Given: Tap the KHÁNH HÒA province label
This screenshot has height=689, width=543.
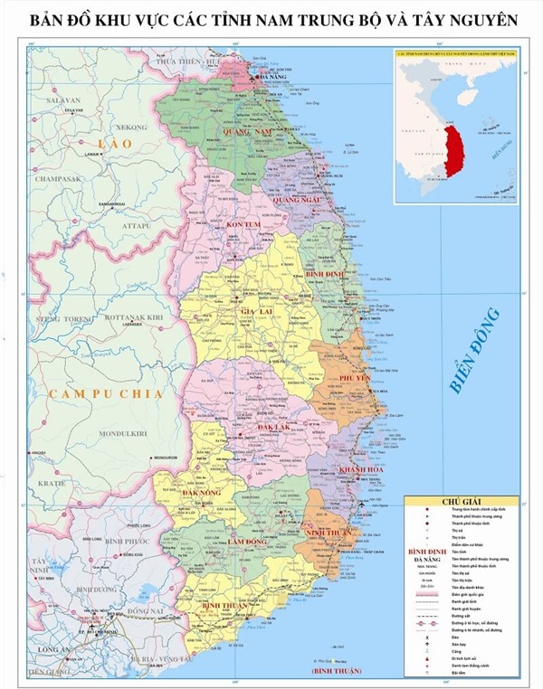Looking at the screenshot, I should coord(361,470).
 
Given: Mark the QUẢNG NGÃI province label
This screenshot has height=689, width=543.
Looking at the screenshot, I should coord(299,199).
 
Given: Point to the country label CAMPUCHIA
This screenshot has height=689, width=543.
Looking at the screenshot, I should coord(106,393).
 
